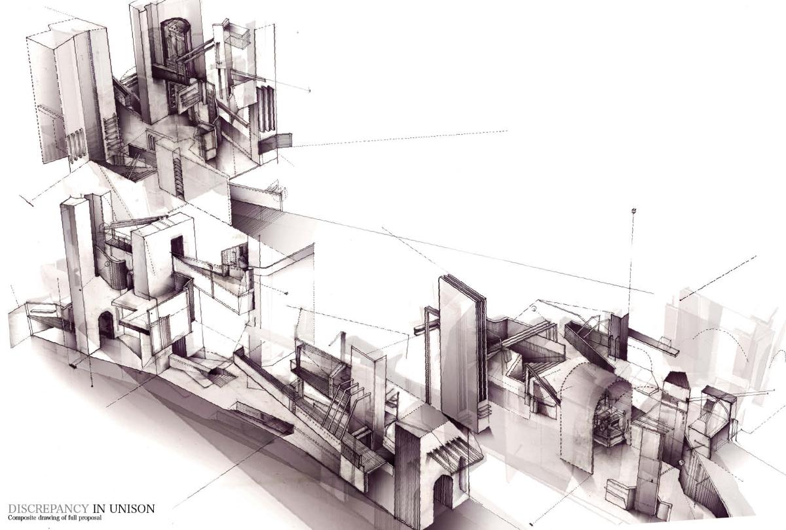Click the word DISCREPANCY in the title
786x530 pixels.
[x=48, y=508]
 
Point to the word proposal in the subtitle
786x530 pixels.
[x=90, y=518]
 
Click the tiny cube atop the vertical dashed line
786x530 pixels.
[x=634, y=211]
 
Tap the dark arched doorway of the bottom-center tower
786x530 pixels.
[x=443, y=491]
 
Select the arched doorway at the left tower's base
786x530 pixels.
[x=106, y=326]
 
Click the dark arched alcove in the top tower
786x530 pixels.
[x=176, y=42]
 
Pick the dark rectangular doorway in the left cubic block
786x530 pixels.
[x=178, y=247]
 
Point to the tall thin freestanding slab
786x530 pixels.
[x=462, y=354]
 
